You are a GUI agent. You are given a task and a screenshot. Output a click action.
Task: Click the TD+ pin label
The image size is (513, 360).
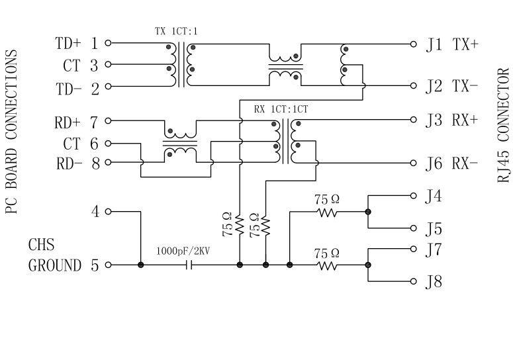point(68,44)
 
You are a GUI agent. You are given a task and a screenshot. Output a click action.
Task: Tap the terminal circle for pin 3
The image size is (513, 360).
point(108,65)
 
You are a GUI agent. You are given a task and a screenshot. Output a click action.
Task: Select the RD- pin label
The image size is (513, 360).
point(68,163)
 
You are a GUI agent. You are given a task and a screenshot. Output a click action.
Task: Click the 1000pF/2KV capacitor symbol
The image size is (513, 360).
point(190,265)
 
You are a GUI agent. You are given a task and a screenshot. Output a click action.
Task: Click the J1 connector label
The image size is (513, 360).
point(434,45)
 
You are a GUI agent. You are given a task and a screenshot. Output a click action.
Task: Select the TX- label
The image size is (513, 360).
point(465,86)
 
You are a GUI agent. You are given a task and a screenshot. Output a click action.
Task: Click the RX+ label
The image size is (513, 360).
point(465,120)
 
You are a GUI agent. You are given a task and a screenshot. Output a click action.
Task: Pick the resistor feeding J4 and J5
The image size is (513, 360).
point(326,212)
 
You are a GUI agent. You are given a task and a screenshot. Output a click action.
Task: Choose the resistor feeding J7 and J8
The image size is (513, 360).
point(326,265)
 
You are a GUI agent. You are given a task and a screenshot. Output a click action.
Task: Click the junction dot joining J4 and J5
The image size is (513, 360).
point(367,212)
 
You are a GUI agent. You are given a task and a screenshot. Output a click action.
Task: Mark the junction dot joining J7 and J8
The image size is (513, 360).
point(367,265)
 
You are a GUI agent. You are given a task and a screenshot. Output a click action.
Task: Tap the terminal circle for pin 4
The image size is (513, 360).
point(108,212)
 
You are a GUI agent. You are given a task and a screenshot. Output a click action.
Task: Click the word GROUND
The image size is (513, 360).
point(54,265)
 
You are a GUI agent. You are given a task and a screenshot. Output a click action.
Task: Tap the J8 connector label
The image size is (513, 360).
point(434,282)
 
